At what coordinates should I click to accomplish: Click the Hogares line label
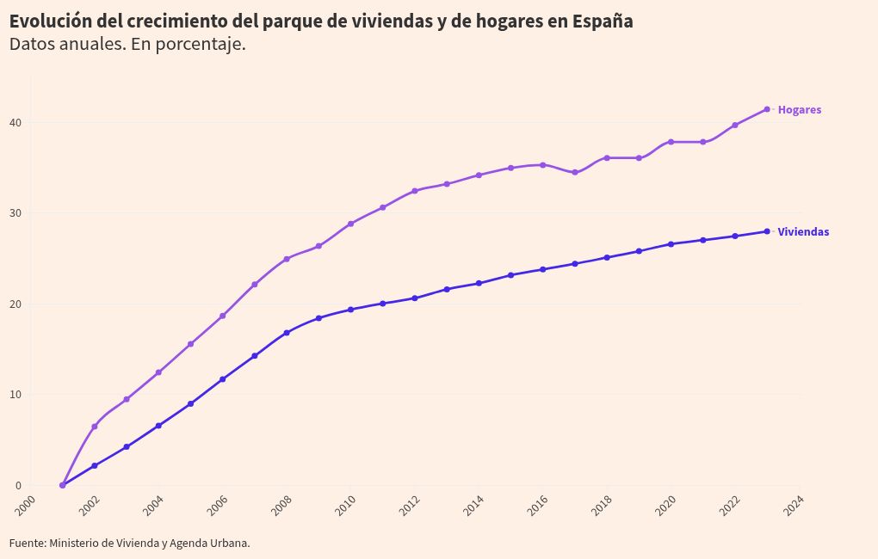tap(799, 110)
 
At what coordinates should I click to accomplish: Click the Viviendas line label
tap(803, 232)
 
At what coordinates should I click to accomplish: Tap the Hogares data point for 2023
tap(767, 109)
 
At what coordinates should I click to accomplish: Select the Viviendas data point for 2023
tap(767, 231)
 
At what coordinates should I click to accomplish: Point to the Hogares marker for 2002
tap(95, 427)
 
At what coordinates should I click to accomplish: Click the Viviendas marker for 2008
tap(287, 333)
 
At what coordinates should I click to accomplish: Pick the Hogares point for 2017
tap(575, 173)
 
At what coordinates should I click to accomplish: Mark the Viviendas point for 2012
tap(415, 298)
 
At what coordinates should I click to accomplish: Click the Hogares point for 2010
tap(350, 224)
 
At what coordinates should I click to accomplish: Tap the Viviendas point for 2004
tap(158, 426)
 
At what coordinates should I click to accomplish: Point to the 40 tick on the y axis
tap(15, 123)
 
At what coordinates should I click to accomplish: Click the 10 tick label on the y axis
tap(15, 395)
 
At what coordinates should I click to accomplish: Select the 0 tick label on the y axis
tap(18, 486)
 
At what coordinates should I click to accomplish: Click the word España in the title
tap(602, 21)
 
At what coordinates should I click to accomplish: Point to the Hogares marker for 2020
tap(671, 142)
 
